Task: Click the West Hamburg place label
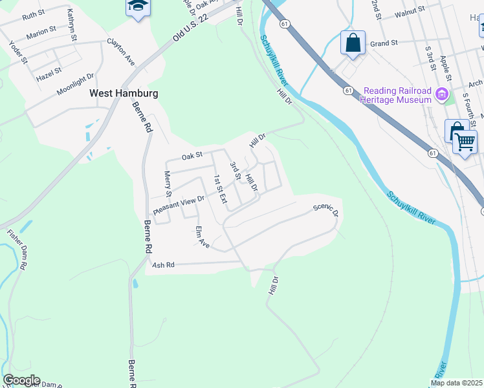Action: (124, 93)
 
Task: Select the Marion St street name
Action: (41, 32)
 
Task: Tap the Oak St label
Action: (192, 155)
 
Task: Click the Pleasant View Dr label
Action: (179, 206)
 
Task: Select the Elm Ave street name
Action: (203, 237)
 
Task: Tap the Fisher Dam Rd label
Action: (18, 249)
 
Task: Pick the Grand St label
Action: (383, 44)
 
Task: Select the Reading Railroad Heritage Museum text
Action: (397, 95)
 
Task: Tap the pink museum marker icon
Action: (443, 95)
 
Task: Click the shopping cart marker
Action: (465, 140)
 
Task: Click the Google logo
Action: (21, 380)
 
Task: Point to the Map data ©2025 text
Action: (457, 383)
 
